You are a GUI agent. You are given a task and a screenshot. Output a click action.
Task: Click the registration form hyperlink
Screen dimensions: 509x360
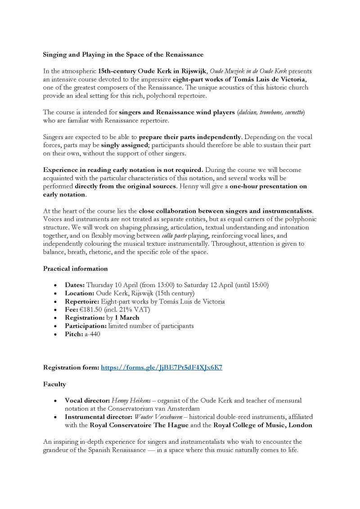point(162,367)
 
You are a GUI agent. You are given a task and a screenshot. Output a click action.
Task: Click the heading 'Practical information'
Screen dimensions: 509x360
point(75,269)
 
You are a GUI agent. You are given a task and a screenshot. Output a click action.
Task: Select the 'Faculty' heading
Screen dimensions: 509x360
point(54,384)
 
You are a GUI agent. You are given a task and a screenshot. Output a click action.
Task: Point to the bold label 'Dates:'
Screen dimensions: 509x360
point(75,285)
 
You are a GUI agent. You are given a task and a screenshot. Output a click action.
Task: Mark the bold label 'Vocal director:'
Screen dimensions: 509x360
point(87,401)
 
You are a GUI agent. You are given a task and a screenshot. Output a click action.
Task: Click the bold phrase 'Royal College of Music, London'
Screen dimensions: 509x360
point(263,425)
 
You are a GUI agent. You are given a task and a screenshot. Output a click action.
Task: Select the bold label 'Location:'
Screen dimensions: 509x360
point(79,293)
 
